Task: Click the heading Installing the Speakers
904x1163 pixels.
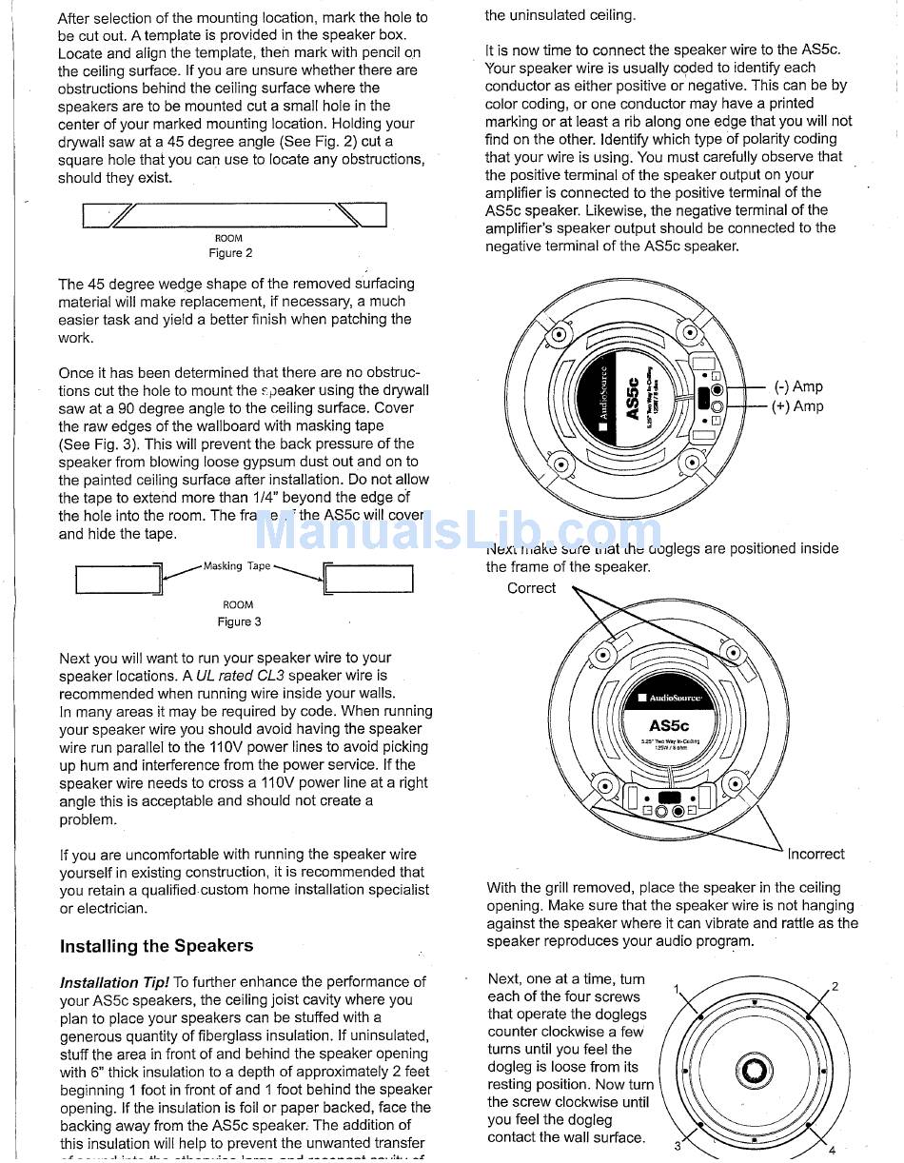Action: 156,946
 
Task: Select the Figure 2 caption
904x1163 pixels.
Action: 230,253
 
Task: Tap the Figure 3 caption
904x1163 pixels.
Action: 239,621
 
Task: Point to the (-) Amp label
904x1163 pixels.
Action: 798,386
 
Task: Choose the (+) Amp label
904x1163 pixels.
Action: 798,406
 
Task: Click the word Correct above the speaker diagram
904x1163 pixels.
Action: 531,588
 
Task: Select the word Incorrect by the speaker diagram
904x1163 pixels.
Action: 816,854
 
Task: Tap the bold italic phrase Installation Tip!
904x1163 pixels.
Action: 114,982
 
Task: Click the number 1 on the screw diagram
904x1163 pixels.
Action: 677,990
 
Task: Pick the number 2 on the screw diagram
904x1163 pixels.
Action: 835,986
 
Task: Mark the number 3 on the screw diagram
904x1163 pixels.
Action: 678,1146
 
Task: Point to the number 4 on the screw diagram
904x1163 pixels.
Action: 832,1151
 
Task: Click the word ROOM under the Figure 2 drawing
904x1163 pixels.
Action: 228,238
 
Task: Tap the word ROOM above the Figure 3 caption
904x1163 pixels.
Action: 238,604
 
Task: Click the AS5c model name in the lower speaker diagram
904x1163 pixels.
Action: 668,725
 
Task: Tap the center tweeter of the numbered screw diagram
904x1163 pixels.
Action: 754,1071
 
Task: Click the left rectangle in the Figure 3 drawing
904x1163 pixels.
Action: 116,580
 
